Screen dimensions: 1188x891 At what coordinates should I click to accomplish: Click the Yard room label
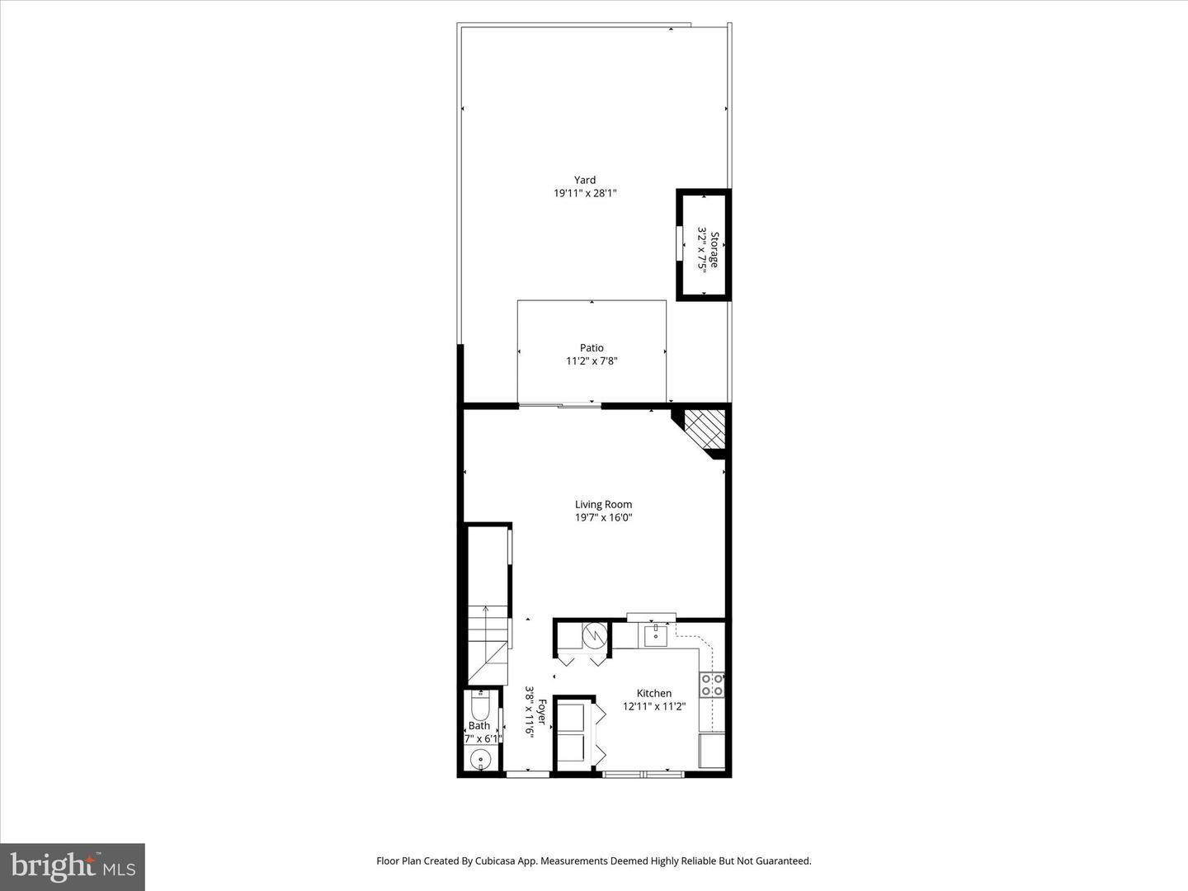[585, 180]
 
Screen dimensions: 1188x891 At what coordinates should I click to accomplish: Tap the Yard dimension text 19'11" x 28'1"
[585, 193]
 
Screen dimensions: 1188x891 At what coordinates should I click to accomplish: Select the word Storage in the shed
[714, 249]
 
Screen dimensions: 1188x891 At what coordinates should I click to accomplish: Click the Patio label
[592, 348]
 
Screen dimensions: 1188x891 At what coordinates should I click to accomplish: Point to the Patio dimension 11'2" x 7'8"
[592, 361]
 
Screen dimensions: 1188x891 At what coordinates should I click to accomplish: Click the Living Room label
[603, 505]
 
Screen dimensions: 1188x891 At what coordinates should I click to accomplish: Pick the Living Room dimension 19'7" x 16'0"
[603, 518]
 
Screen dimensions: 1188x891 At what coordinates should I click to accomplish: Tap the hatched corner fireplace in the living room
[705, 429]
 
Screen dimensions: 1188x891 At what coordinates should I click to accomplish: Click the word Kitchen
[653, 694]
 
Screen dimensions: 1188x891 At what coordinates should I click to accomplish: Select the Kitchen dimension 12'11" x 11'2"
[654, 706]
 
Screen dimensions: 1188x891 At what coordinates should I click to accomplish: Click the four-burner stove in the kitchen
[712, 685]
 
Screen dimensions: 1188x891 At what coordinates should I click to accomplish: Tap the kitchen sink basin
[656, 635]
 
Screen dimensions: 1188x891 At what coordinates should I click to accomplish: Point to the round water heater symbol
[595, 635]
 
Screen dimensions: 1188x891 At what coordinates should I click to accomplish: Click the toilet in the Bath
[480, 705]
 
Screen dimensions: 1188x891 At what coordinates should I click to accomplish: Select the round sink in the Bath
[480, 760]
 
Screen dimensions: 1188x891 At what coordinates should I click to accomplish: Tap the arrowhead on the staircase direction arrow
[486, 609]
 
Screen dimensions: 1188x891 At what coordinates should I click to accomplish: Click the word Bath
[479, 726]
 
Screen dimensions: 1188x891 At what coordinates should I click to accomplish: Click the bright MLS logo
[73, 866]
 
